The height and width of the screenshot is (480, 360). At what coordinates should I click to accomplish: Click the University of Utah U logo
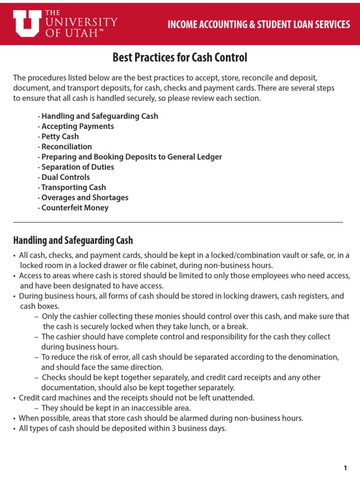(27, 23)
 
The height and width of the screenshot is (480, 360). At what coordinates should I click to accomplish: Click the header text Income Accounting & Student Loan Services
(259, 24)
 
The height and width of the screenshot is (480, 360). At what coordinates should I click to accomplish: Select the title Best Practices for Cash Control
(180, 58)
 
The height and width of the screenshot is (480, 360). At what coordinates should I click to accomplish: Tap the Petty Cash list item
(60, 136)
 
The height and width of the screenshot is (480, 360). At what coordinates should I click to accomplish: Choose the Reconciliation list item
(67, 147)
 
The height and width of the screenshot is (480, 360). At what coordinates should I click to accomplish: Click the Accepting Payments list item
(77, 126)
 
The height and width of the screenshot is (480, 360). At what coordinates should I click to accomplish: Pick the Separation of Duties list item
(77, 167)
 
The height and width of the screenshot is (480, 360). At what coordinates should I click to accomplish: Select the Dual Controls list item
(66, 177)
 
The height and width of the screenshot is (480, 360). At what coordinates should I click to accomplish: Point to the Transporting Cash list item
(74, 187)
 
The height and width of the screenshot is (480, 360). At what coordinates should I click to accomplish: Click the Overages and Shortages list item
(84, 198)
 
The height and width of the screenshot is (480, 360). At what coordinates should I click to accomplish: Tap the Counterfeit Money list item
(75, 208)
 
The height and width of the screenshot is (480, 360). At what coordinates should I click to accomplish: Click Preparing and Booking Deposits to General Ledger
(131, 157)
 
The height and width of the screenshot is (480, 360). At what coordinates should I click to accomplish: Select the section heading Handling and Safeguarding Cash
(73, 240)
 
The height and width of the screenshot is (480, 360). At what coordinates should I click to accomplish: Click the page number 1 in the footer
(345, 455)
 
